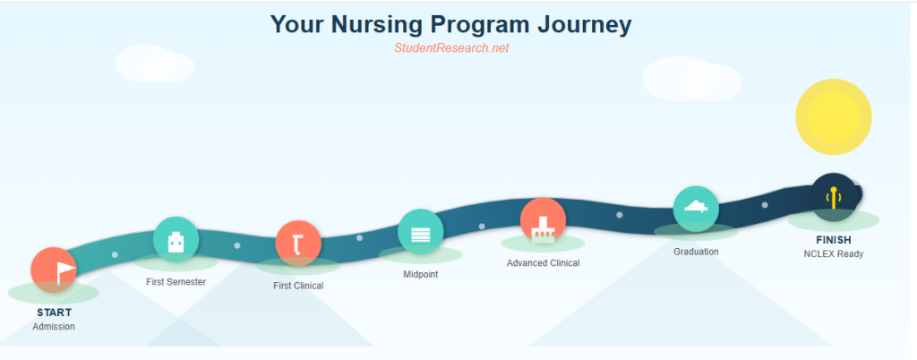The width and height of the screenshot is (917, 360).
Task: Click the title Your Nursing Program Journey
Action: click(450, 24)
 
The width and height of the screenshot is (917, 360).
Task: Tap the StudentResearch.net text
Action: click(451, 48)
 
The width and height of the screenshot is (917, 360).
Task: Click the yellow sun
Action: click(833, 117)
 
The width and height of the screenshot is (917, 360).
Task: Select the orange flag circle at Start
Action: click(54, 270)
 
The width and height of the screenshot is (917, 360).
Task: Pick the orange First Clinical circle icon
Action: click(298, 244)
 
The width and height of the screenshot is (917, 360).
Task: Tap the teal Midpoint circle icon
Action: click(420, 232)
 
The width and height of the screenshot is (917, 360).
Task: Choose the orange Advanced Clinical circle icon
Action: click(543, 221)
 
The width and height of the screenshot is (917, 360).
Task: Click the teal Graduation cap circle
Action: click(696, 209)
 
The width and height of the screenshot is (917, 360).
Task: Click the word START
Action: click(54, 313)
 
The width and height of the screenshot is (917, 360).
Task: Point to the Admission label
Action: click(54, 327)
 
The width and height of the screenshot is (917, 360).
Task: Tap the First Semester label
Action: click(176, 282)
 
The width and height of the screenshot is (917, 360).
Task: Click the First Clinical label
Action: click(298, 286)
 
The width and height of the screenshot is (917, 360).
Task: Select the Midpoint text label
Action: click(420, 274)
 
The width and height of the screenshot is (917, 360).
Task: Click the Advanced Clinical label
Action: click(543, 263)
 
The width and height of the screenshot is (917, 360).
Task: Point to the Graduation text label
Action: click(696, 252)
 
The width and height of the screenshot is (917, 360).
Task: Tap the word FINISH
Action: click(834, 240)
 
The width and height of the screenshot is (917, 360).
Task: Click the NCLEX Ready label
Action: click(834, 254)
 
